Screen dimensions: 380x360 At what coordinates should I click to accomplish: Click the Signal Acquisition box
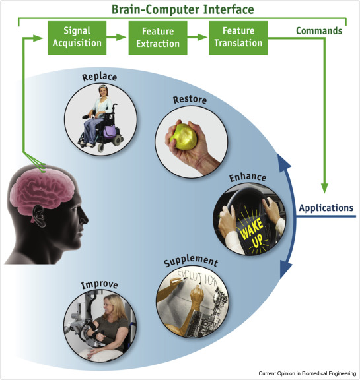point(75,38)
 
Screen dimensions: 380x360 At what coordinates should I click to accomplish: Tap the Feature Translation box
point(238,38)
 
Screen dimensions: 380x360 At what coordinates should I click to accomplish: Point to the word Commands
point(319,31)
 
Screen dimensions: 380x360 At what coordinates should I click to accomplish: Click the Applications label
point(326,208)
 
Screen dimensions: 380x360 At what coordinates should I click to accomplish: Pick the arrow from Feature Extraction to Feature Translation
point(196,38)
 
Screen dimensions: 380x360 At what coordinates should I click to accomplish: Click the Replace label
point(99,77)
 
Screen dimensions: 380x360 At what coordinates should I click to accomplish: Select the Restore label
point(190,100)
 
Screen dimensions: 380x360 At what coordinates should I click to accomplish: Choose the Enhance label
point(247,178)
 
